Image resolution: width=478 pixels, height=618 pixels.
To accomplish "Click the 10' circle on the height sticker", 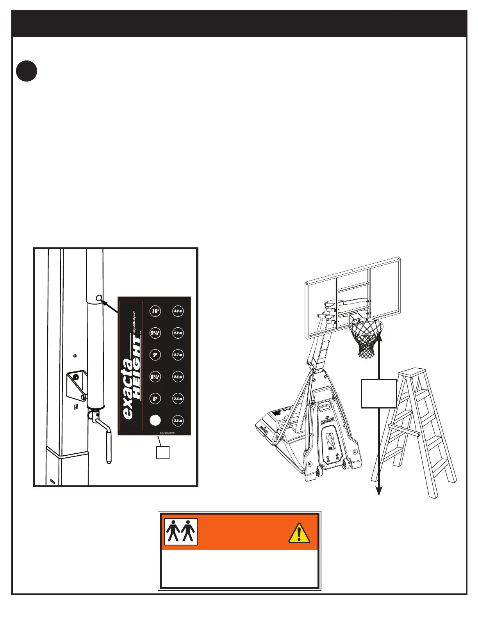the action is coord(155,311).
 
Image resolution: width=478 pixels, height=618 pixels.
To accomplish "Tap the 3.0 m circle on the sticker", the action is coord(178,311).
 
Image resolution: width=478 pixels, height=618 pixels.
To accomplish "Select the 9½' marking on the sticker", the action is coord(155,333).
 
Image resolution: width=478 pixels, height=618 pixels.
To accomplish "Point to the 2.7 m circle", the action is coord(178,355).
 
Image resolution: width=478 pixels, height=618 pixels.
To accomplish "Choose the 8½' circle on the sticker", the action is coord(155,377).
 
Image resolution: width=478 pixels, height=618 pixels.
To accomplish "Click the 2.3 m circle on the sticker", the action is coord(178,421).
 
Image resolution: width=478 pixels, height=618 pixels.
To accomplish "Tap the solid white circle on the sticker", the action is coord(155,420).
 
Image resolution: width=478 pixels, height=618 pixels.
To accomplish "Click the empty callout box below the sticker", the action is coord(163,453).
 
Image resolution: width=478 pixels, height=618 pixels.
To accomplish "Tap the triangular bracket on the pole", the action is coord(77,385).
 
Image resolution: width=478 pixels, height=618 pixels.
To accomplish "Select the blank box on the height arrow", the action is coord(378,393).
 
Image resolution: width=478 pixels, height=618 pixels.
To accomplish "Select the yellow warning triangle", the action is coord(299,533).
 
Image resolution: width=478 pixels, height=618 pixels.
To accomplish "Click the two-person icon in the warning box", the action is coord(181,531).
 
